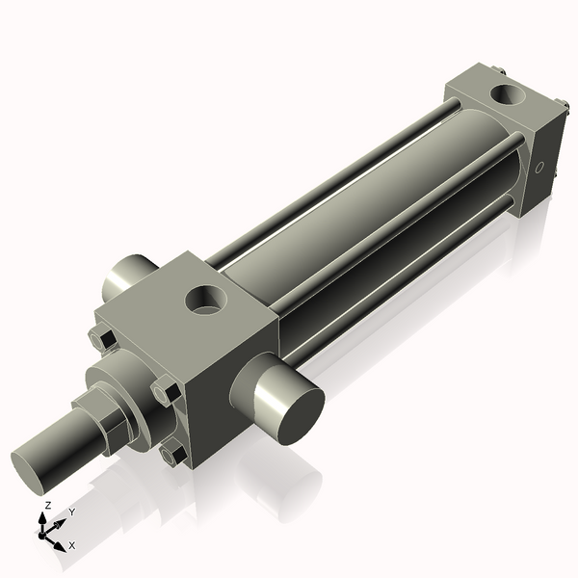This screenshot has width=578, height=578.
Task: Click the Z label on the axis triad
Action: tap(48, 505)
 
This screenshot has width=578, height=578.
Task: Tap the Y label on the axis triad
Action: tap(71, 512)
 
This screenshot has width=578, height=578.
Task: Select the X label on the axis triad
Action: tap(71, 545)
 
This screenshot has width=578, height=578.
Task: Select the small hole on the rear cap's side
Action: tap(539, 171)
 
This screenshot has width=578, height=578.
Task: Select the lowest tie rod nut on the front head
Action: tap(174, 453)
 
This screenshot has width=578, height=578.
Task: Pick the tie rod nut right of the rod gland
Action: tap(167, 392)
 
